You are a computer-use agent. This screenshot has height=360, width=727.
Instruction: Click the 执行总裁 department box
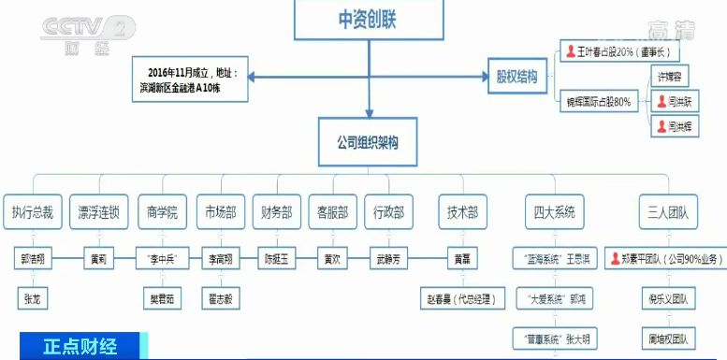pos(34,212)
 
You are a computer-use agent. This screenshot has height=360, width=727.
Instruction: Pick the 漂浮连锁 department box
pos(98,212)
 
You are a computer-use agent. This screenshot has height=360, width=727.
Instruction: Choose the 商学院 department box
pos(163,212)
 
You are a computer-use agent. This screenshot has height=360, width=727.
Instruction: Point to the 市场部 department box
pos(222,212)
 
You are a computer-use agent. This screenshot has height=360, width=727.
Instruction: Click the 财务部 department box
pos(278,212)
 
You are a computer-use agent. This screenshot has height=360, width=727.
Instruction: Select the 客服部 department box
pos(333,212)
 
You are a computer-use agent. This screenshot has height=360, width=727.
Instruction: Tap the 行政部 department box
pos(387,212)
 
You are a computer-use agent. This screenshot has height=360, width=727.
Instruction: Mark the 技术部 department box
pos(462,212)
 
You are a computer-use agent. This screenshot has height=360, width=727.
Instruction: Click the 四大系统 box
pos(553,212)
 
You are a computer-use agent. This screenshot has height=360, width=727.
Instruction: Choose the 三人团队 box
pos(662,212)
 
